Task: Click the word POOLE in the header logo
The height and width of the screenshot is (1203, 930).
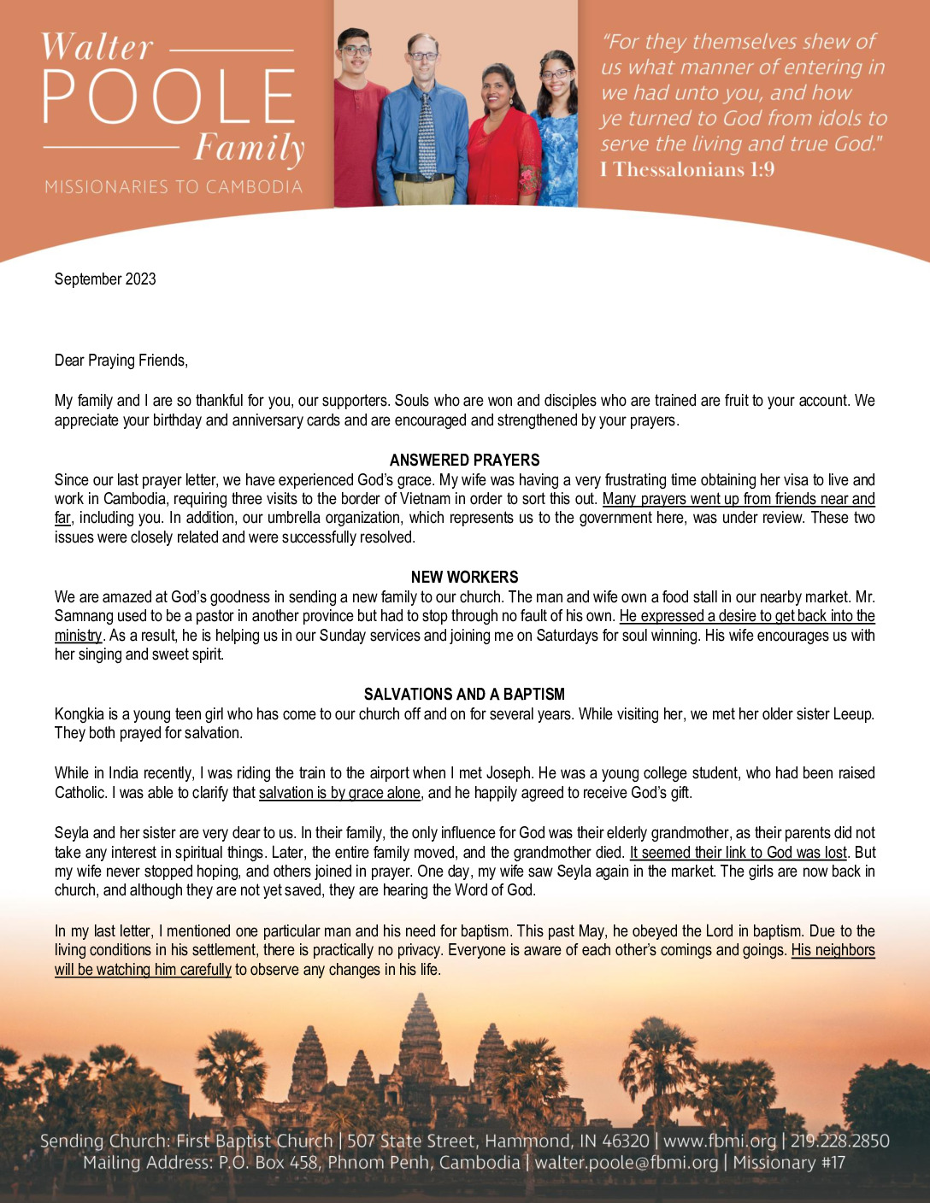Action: pos(169,96)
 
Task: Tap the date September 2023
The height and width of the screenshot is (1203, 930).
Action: pos(105,279)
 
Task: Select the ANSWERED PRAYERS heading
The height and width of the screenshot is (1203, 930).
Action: pos(464,461)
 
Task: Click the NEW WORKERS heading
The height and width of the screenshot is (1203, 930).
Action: pos(464,578)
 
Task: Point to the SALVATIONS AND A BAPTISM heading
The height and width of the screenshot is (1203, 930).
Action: pos(464,695)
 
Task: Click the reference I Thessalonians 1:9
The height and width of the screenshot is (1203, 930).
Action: pos(687,169)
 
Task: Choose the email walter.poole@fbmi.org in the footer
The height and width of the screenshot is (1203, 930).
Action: pos(627,1163)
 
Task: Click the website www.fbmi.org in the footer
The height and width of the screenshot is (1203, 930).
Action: pos(720,1141)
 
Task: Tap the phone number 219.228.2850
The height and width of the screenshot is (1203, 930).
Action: pos(839,1141)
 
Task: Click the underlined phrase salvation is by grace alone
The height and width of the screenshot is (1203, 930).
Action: pos(339,793)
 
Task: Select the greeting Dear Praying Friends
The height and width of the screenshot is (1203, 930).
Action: pos(121,361)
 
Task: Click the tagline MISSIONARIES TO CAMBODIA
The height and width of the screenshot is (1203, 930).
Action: pos(174,186)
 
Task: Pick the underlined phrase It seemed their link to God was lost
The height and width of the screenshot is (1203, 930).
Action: pos(738,853)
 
